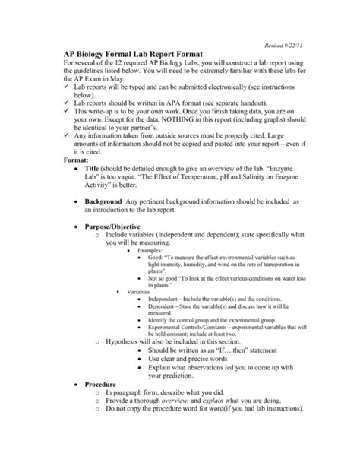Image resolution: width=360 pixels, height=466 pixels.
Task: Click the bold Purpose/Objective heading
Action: pyautogui.click(x=122, y=278)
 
